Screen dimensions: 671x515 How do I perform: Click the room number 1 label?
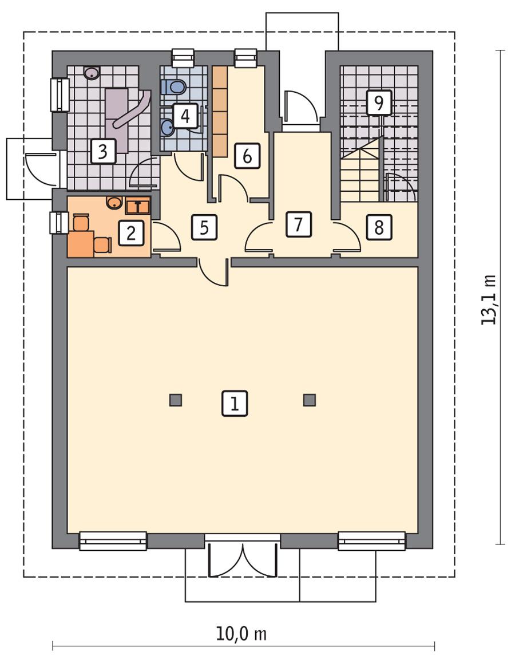pos(235,403)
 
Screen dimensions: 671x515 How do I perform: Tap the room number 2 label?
pos(130,233)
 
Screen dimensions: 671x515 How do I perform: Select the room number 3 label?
pos(103,152)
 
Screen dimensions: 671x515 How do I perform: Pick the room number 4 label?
pos(185,116)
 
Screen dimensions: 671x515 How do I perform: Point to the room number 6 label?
pos(247,156)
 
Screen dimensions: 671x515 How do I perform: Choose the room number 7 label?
pos(298,224)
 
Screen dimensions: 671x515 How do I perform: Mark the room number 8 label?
pos(378,227)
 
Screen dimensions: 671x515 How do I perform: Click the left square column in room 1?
pos(176,400)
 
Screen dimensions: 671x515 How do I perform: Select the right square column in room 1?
pos(310,400)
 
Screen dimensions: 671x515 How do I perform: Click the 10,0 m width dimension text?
pos(241,634)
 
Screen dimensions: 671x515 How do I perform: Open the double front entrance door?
pos(243,558)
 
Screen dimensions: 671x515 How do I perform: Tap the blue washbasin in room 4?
pos(168,127)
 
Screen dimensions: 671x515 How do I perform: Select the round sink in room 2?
pos(114,202)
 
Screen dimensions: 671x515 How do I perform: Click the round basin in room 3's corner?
pos(92,73)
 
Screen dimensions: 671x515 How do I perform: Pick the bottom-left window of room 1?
pos(113,540)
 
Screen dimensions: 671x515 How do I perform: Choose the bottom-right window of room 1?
pos(372,540)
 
